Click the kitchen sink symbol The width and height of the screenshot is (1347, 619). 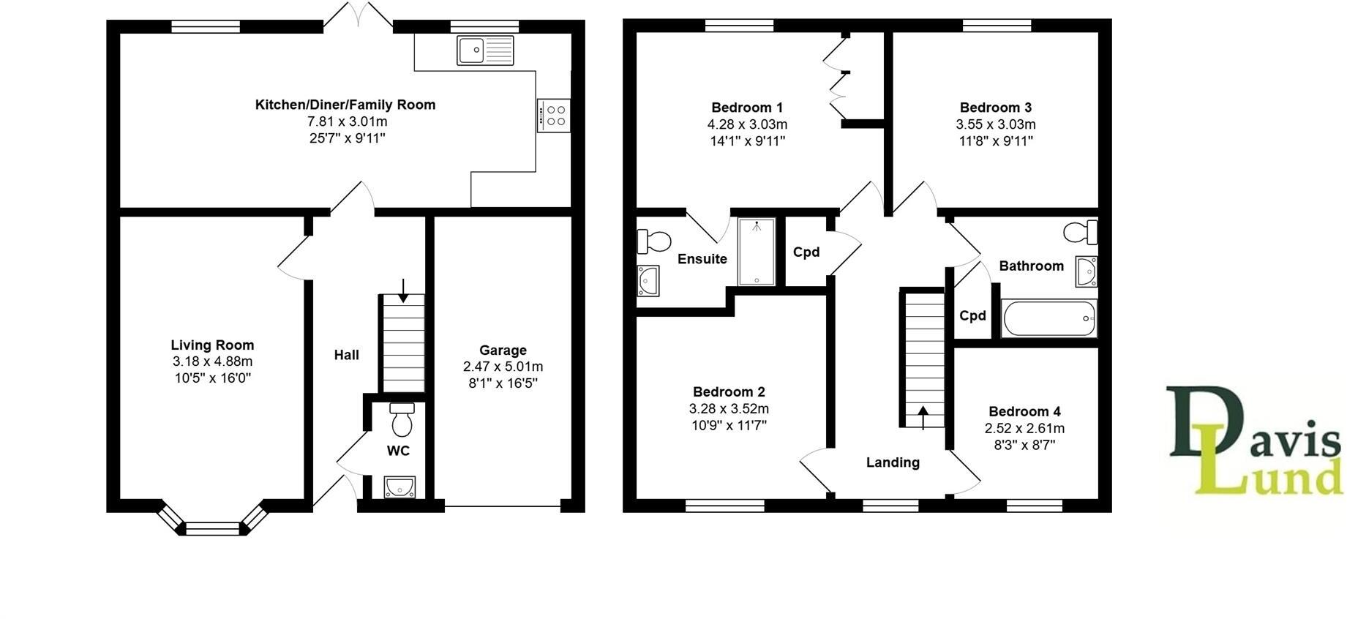click(x=485, y=50)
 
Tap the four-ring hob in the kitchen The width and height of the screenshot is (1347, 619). click(x=552, y=116)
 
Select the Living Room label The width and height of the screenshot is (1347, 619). click(x=212, y=345)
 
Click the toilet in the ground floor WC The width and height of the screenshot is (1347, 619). click(x=402, y=420)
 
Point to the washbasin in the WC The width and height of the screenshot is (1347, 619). click(x=399, y=487)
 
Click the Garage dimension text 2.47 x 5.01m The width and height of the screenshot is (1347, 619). click(x=503, y=367)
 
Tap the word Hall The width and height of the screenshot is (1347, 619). click(x=346, y=355)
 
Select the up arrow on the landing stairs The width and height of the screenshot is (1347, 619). click(x=923, y=417)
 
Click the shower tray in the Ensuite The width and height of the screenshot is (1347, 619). click(x=756, y=251)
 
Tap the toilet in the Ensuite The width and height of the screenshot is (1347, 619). click(x=655, y=241)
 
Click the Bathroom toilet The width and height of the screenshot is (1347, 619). click(x=1080, y=233)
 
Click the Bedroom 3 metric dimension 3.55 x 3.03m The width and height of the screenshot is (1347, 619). click(x=995, y=124)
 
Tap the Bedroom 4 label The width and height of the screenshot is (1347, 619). click(x=1024, y=411)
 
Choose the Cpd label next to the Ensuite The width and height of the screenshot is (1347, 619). click(x=806, y=252)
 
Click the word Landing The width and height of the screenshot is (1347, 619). click(x=893, y=462)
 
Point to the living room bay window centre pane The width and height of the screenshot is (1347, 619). click(x=212, y=528)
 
